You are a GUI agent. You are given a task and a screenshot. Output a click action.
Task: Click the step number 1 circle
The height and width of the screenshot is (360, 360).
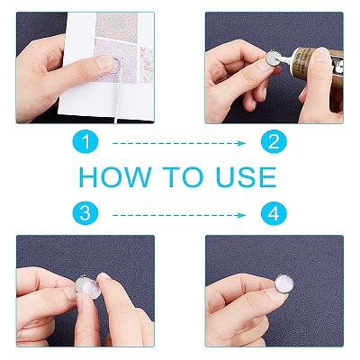tap(85, 142)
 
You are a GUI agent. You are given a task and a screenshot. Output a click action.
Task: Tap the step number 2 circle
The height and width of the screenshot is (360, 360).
tap(274, 142)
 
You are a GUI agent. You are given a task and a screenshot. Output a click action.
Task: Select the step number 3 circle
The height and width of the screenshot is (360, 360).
tap(85, 213)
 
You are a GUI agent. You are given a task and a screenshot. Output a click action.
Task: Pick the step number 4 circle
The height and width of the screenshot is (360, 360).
tap(274, 213)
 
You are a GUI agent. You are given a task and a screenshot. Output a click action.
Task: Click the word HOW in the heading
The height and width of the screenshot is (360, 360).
tap(115, 177)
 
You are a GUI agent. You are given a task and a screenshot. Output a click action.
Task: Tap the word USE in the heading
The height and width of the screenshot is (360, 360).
tap(246, 177)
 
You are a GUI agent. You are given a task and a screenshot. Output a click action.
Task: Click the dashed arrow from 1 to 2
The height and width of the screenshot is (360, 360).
tap(179, 143)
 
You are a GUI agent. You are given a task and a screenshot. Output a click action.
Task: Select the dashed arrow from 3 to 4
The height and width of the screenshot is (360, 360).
tap(179, 215)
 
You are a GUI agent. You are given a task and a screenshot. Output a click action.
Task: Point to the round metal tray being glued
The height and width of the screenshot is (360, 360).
tap(274, 58)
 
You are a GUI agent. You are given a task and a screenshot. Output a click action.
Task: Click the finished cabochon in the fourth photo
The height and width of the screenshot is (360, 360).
tap(284, 283)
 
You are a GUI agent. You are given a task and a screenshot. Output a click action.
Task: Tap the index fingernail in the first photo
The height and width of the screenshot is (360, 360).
tap(105, 62)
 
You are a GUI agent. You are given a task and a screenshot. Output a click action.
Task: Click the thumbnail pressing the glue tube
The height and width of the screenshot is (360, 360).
tap(322, 55)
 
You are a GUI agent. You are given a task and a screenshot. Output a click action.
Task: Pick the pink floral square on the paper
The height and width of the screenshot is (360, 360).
tap(146, 65)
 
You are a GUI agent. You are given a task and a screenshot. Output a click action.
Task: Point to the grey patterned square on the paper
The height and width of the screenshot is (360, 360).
tap(117, 25)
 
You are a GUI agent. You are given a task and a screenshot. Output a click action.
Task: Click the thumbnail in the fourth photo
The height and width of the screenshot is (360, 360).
tap(275, 293)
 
